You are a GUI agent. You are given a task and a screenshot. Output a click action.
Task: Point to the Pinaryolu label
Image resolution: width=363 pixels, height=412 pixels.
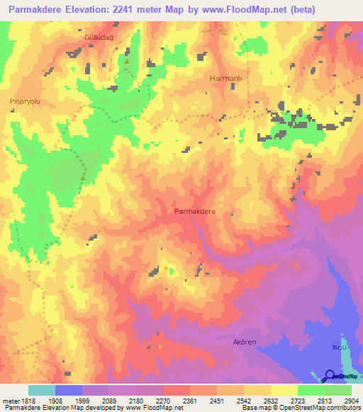(26, 102)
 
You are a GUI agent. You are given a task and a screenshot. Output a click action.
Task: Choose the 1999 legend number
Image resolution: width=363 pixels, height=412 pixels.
(82, 401)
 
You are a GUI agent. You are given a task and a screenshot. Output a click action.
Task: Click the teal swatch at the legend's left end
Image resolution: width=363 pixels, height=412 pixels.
(41, 390)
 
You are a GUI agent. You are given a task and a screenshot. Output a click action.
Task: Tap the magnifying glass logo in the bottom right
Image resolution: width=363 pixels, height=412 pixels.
(330, 377)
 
